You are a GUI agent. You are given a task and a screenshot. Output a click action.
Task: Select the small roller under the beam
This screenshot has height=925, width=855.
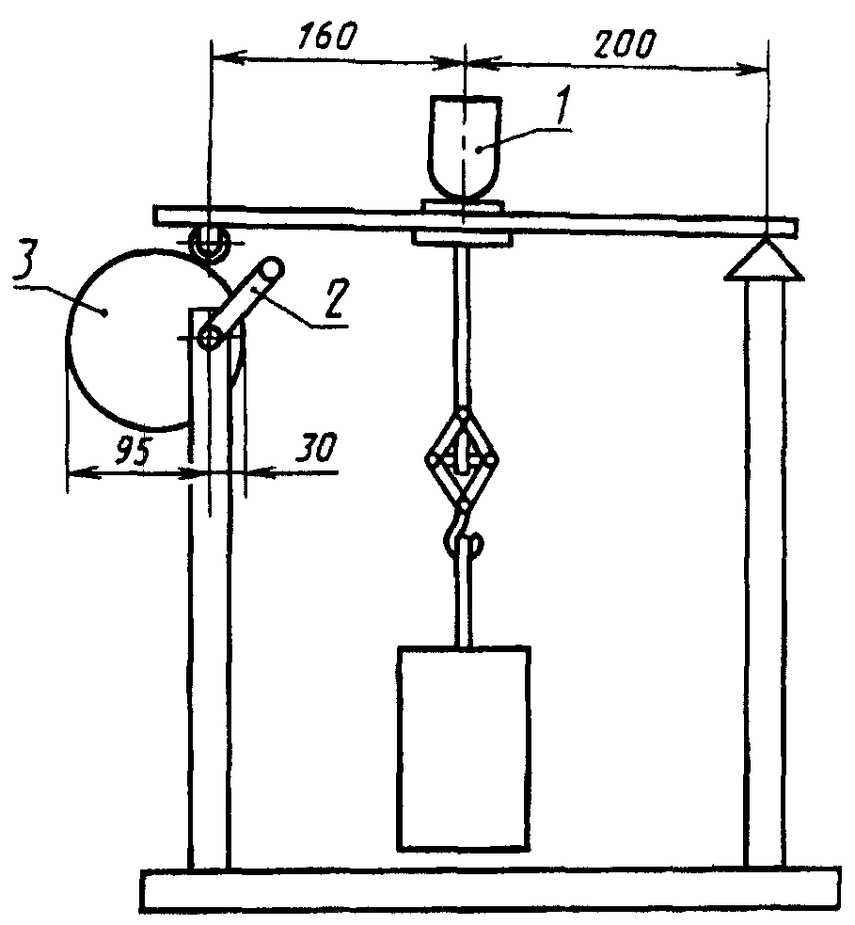click(x=207, y=244)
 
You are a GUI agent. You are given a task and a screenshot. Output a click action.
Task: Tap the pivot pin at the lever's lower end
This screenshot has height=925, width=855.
click(x=211, y=336)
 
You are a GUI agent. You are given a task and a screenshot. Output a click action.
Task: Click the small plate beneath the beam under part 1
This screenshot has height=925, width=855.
click(x=463, y=239)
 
